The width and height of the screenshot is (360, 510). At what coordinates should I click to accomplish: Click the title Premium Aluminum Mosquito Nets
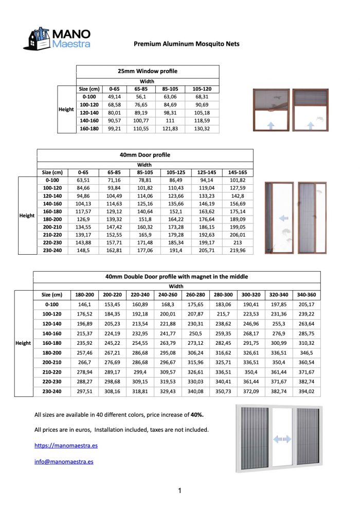(x=186, y=44)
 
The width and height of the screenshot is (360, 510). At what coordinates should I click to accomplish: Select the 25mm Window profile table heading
(x=148, y=71)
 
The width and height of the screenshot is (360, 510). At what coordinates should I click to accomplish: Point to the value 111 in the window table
(x=170, y=120)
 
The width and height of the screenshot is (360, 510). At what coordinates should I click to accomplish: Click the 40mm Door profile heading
(x=145, y=154)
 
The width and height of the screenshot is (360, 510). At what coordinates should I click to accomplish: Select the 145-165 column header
(x=237, y=172)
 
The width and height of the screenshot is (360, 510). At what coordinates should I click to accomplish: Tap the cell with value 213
(x=237, y=242)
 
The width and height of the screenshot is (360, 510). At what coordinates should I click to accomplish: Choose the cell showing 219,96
(x=237, y=250)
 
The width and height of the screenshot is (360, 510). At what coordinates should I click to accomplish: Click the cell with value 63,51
(x=83, y=181)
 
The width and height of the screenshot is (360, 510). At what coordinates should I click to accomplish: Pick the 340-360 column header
(x=307, y=295)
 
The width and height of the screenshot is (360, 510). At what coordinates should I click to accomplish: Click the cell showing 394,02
(x=307, y=392)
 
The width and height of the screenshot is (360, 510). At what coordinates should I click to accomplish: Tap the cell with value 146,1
(x=84, y=305)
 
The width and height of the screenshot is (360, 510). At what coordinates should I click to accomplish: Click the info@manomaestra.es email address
(x=64, y=462)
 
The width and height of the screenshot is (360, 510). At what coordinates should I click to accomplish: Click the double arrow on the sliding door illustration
(x=282, y=439)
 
